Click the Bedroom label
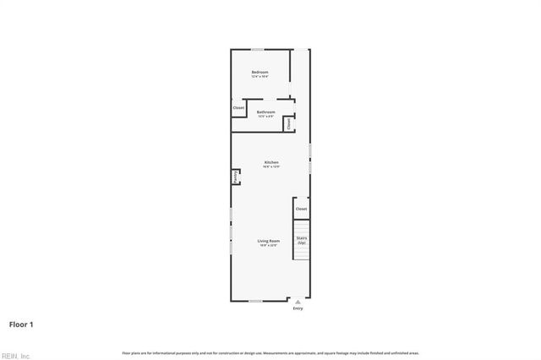(260, 72)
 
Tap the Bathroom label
(266, 112)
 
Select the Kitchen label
(271, 162)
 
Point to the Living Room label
(269, 241)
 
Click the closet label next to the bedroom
(238, 108)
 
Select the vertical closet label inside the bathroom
(288, 123)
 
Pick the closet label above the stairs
(301, 209)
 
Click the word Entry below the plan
(298, 309)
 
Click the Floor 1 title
(21, 324)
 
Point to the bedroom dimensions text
(260, 77)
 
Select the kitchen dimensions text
(271, 167)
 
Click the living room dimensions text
(269, 246)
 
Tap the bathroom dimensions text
(266, 117)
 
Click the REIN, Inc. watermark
(15, 356)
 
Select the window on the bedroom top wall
(257, 49)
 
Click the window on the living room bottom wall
(255, 301)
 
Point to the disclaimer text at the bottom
(270, 352)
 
